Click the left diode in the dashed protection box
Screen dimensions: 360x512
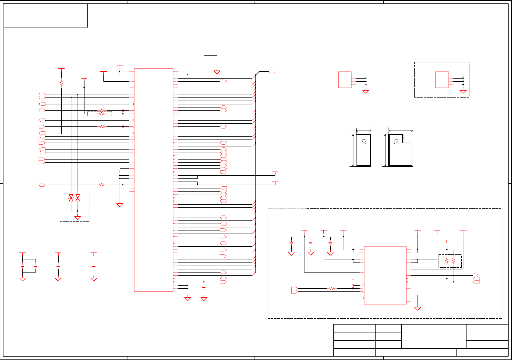(71, 198)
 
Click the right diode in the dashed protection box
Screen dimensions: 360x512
(78, 198)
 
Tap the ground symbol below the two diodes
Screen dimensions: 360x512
(78, 218)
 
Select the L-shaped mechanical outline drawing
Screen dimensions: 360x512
(401, 150)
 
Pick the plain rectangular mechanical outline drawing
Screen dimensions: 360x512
(363, 150)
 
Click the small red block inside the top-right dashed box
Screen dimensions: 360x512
(442, 80)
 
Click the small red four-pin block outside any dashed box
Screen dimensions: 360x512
(345, 80)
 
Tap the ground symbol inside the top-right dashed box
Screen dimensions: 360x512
(463, 92)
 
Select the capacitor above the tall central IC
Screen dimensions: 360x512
(217, 62)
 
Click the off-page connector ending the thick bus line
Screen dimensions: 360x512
(272, 72)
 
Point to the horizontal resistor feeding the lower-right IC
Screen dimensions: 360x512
(332, 288)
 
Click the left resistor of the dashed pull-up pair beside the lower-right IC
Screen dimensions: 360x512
(447, 261)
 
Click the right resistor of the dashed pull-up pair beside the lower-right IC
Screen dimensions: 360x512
(453, 261)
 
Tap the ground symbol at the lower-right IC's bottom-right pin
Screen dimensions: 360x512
(418, 308)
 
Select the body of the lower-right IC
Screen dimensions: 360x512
(385, 275)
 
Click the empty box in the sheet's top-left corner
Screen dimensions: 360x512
(45, 16)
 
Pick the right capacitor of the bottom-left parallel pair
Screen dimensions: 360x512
(36, 266)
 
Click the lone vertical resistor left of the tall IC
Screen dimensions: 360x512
(61, 83)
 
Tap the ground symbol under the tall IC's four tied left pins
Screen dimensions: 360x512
(120, 205)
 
